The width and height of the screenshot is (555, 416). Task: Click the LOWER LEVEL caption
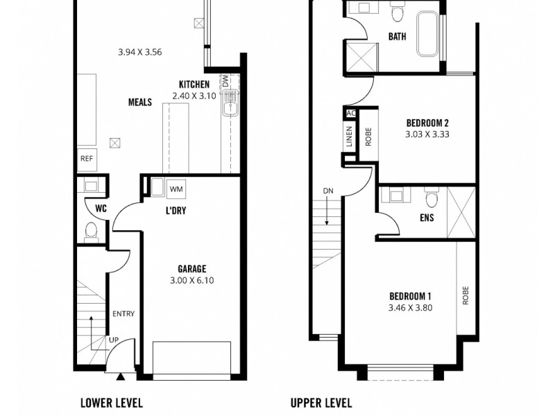pyautogui.click(x=111, y=402)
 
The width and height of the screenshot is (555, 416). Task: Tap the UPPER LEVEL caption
pyautogui.click(x=321, y=402)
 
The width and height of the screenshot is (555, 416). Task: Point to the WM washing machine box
pyautogui.click(x=176, y=189)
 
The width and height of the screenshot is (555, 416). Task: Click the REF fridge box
pyautogui.click(x=87, y=159)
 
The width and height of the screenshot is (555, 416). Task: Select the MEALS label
pyautogui.click(x=140, y=102)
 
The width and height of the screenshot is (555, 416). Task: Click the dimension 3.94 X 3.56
pyautogui.click(x=139, y=51)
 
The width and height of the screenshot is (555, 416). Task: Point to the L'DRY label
pyautogui.click(x=176, y=210)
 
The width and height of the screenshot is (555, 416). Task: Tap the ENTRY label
pyautogui.click(x=123, y=314)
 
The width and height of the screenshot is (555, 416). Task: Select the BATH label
pyautogui.click(x=398, y=37)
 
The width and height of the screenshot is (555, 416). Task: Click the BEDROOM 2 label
pyautogui.click(x=427, y=123)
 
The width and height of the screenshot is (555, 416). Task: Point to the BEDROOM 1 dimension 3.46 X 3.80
pyautogui.click(x=410, y=308)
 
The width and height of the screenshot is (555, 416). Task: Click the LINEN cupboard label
pyautogui.click(x=349, y=137)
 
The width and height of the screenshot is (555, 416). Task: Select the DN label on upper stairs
pyautogui.click(x=328, y=191)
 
